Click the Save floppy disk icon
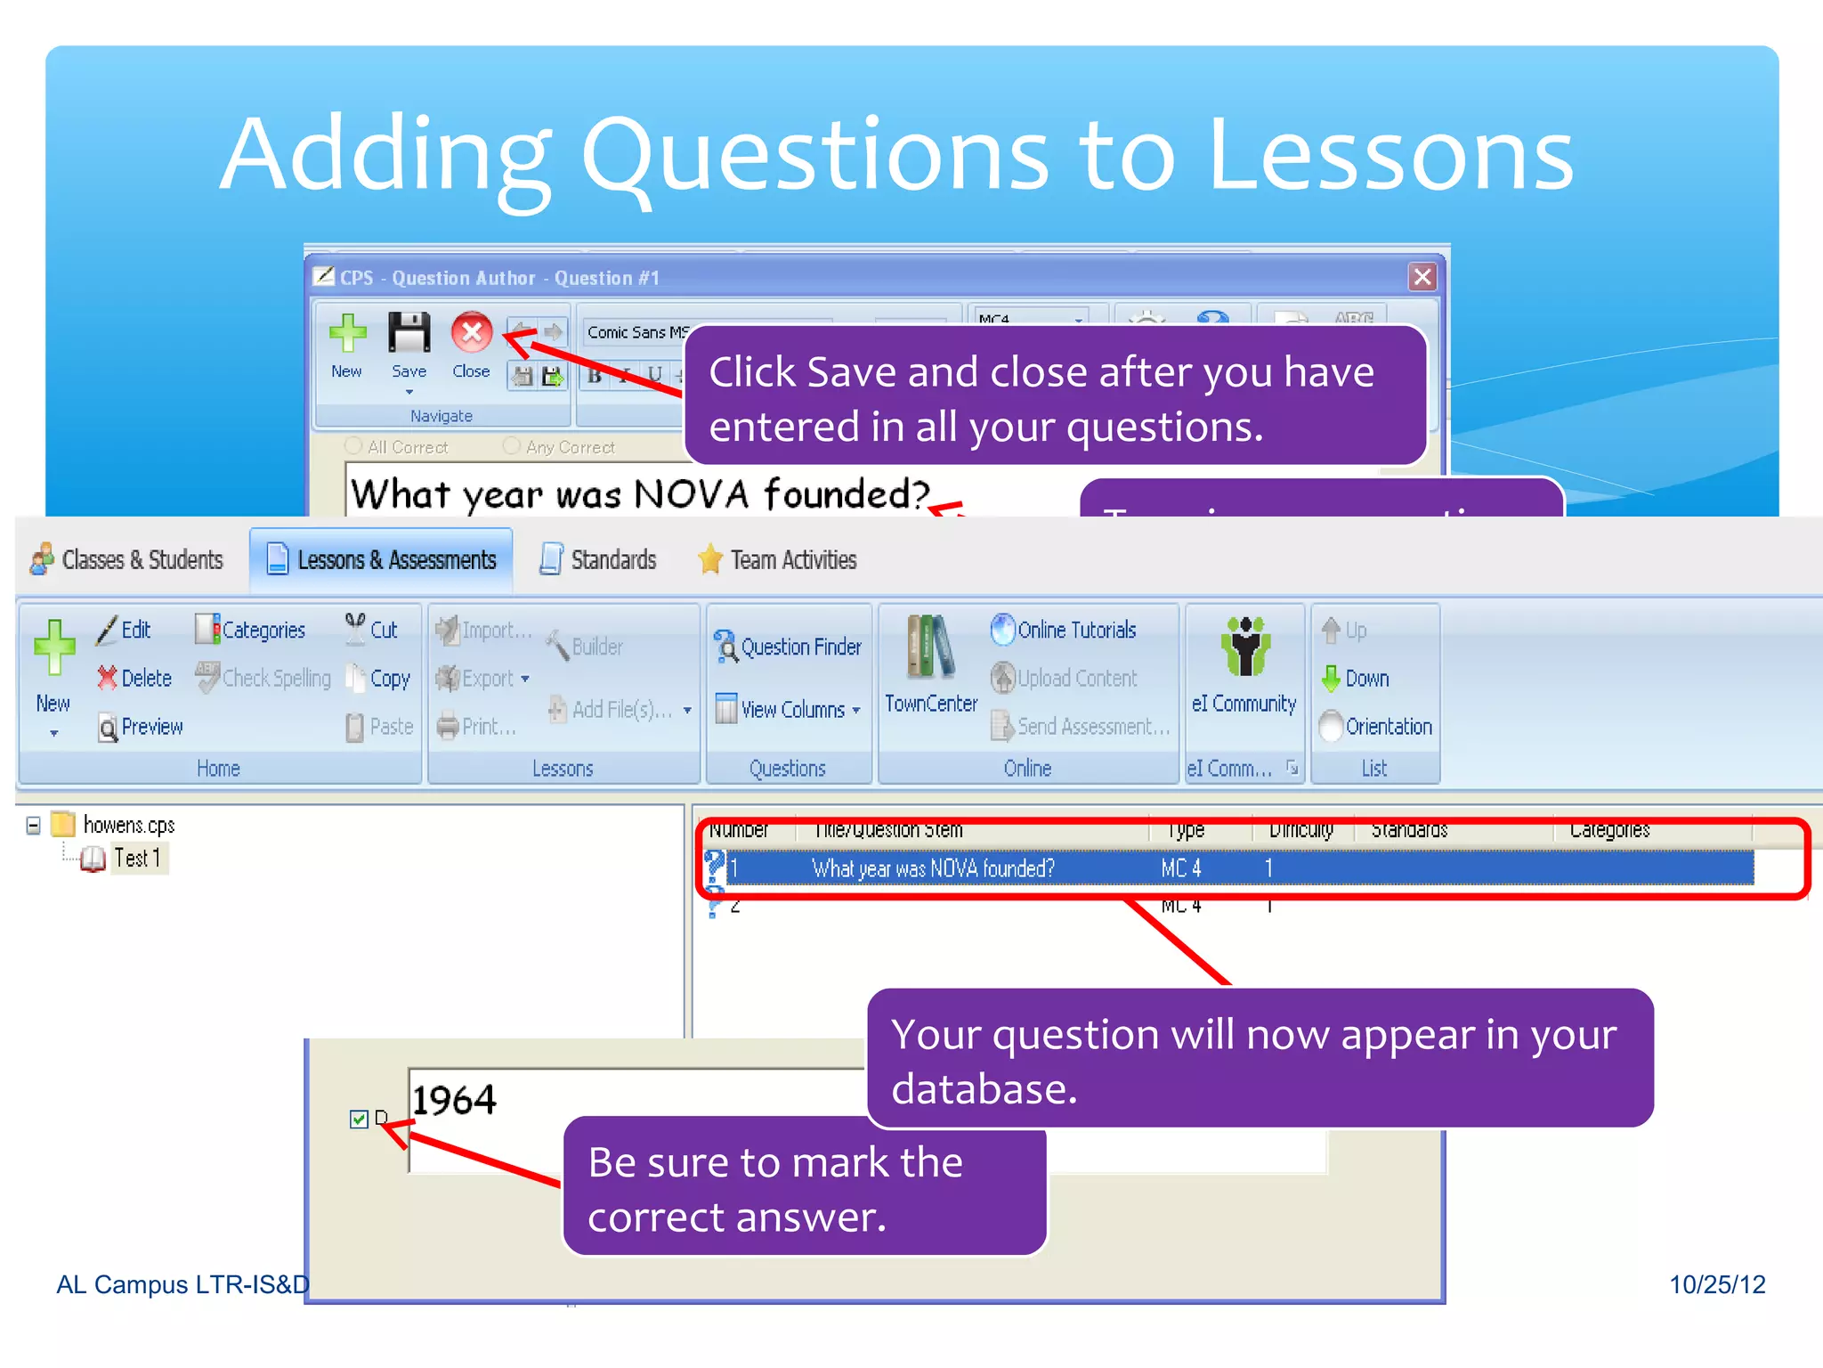point(409,334)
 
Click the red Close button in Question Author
point(471,334)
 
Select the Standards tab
point(598,560)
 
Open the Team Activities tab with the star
point(776,560)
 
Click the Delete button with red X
point(134,679)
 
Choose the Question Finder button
point(788,647)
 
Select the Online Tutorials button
point(1064,631)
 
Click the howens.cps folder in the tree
point(127,826)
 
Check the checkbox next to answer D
point(359,1120)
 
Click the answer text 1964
point(454,1101)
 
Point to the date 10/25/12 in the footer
point(1716,1284)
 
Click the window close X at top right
point(1422,277)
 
